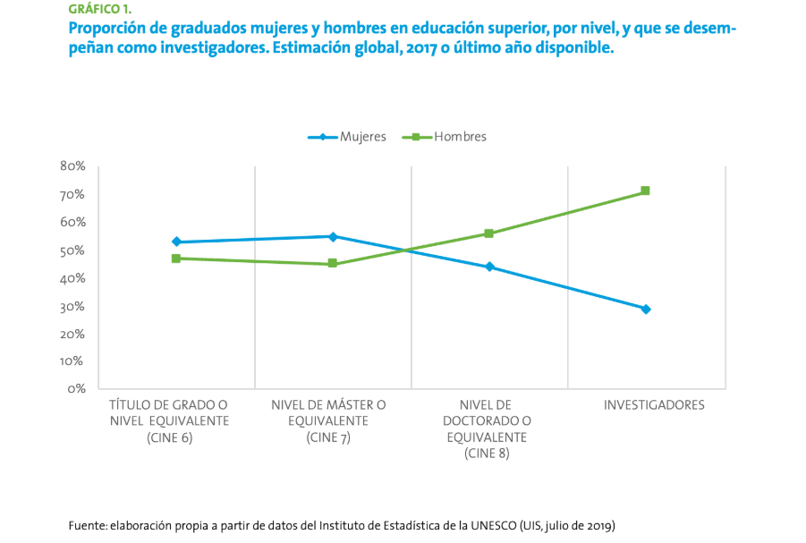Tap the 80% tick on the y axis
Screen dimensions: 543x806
72,166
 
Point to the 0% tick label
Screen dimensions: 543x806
75,389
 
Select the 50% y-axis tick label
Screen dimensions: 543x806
72,250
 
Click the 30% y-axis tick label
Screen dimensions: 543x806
72,306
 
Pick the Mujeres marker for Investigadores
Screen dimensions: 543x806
646,309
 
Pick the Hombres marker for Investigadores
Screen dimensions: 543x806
645,191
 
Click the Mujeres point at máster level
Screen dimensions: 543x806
333,236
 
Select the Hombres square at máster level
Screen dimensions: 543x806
333,264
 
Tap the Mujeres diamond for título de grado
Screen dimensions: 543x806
176,242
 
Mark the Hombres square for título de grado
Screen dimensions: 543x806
176,259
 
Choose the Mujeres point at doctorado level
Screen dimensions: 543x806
489,267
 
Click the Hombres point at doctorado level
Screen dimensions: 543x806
489,233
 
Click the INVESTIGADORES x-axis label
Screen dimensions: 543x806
654,405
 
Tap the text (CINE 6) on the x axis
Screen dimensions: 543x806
169,437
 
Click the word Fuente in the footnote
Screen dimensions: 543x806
87,525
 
